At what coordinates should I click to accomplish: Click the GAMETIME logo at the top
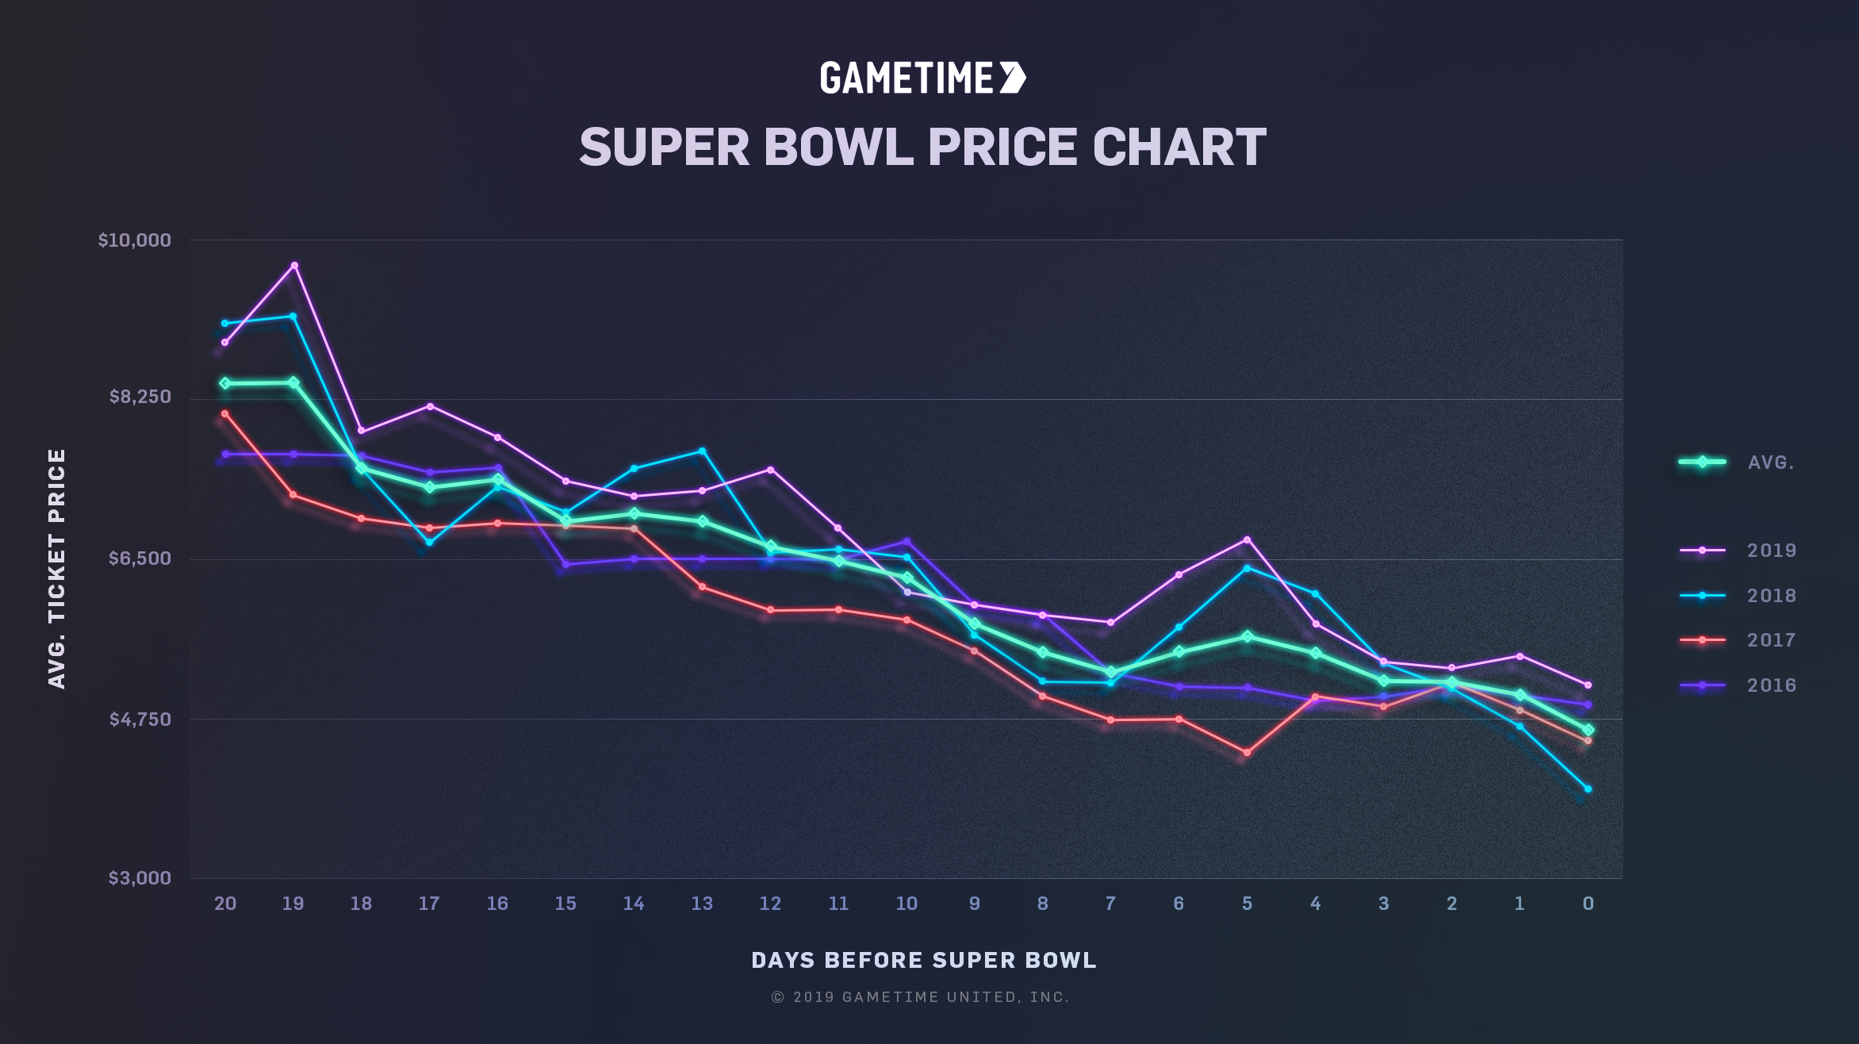pyautogui.click(x=922, y=78)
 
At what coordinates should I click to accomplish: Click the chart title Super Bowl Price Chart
pyautogui.click(x=922, y=148)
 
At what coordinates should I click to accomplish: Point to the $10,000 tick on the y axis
pyautogui.click(x=135, y=240)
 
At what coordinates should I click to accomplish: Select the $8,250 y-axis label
pyautogui.click(x=140, y=397)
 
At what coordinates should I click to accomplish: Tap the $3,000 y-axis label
pyautogui.click(x=140, y=878)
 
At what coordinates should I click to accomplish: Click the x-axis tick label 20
pyautogui.click(x=225, y=904)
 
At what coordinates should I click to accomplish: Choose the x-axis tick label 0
pyautogui.click(x=1588, y=904)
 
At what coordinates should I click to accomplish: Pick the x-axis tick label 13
pyautogui.click(x=702, y=904)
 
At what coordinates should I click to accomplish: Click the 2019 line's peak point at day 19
pyautogui.click(x=294, y=266)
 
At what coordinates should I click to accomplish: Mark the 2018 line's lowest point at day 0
pyautogui.click(x=1588, y=789)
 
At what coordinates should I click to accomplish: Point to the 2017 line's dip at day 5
pyautogui.click(x=1247, y=753)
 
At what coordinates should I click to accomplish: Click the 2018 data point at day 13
pyautogui.click(x=702, y=451)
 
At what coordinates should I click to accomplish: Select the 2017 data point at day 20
pyautogui.click(x=225, y=414)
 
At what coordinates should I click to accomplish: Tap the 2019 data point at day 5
pyautogui.click(x=1248, y=540)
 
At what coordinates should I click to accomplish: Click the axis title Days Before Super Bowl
pyautogui.click(x=923, y=961)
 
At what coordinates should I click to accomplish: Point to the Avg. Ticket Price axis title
pyautogui.click(x=57, y=568)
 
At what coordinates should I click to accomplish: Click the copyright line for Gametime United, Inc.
pyautogui.click(x=920, y=997)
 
